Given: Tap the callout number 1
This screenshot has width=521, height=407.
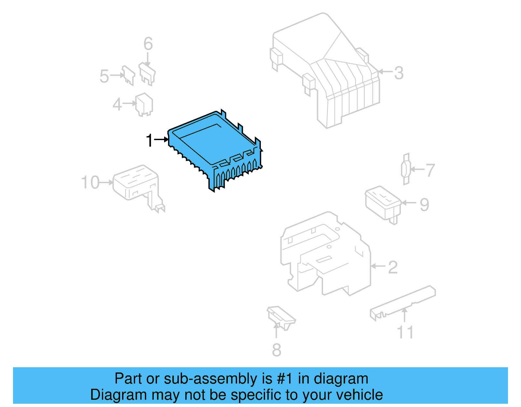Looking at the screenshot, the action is tap(149, 140).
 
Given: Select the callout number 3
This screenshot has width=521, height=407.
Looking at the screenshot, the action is tap(399, 73).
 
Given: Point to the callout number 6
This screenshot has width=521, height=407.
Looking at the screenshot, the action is tap(148, 44).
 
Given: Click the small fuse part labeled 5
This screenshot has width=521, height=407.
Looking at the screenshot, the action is tap(128, 75).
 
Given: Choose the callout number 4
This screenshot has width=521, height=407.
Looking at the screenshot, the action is tap(117, 105).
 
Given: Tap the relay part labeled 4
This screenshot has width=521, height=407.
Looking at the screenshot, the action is tap(144, 104).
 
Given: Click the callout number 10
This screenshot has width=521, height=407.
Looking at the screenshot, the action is tap(90, 182).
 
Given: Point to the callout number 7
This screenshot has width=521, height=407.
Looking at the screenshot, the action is tap(430, 170).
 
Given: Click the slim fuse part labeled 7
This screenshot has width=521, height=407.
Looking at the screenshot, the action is tap(406, 169).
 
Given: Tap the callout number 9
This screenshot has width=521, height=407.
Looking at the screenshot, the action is tap(424, 205).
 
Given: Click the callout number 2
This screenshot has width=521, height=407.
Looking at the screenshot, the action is tap(393, 267).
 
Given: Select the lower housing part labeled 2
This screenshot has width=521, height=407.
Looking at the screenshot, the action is tap(326, 254).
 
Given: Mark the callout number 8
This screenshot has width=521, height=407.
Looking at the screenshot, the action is tap(276, 350).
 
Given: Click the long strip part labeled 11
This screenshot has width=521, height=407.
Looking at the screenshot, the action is tap(404, 301).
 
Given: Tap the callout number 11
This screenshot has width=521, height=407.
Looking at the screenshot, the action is tap(405, 332).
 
